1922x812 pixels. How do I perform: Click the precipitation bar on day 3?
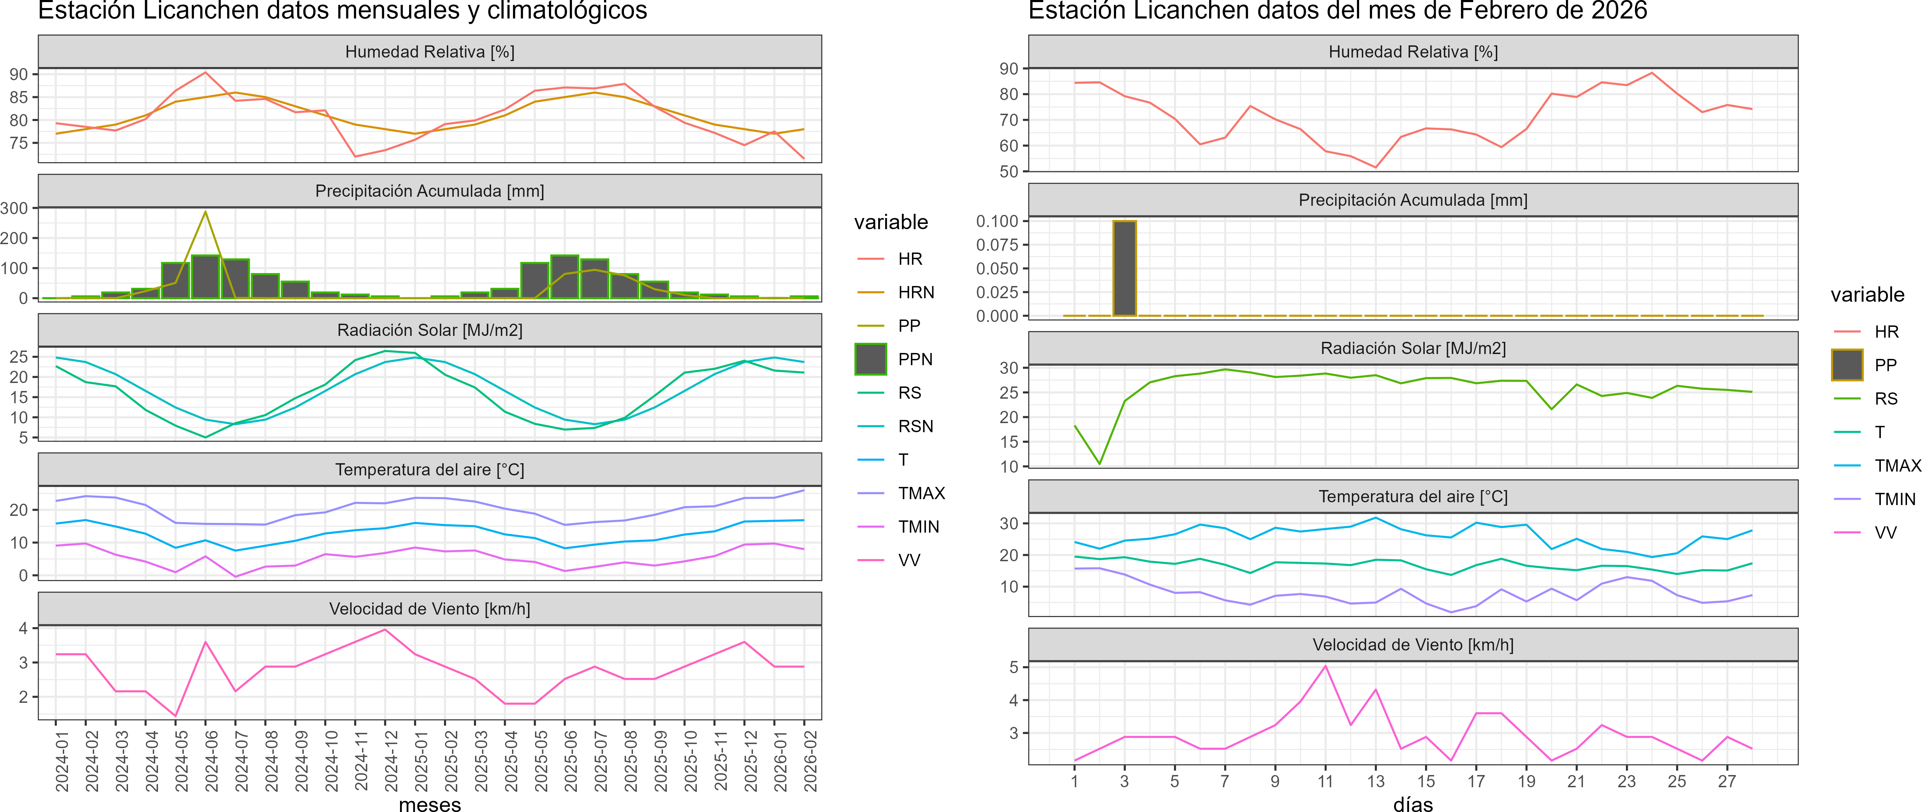(x=1124, y=269)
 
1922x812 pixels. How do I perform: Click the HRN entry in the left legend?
(x=915, y=293)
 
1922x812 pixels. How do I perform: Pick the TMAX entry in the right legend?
(x=1897, y=466)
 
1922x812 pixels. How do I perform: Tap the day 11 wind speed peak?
(x=1325, y=666)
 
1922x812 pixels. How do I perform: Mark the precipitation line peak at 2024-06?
(x=206, y=212)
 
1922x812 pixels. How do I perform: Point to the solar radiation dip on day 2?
(x=1099, y=464)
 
